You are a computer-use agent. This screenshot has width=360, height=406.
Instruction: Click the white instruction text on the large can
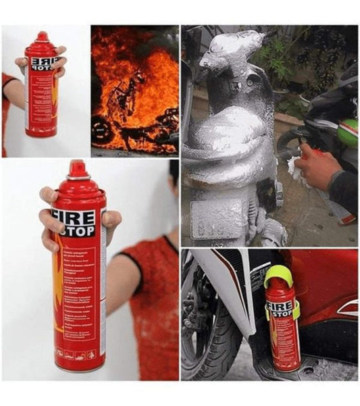click(x=82, y=290)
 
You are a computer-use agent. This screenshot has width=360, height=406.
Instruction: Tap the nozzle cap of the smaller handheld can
click(x=43, y=36)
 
